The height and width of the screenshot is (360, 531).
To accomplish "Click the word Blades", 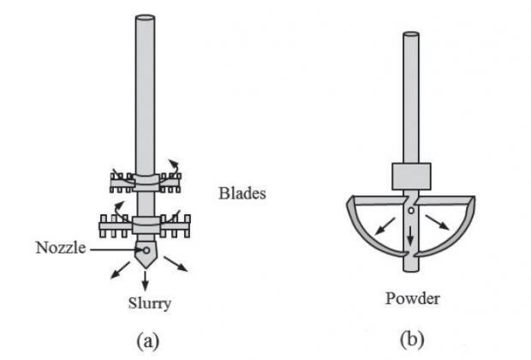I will point(242,194).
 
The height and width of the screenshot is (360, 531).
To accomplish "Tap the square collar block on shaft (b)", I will point(412,177).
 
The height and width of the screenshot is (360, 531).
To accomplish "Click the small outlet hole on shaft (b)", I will point(412,209).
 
